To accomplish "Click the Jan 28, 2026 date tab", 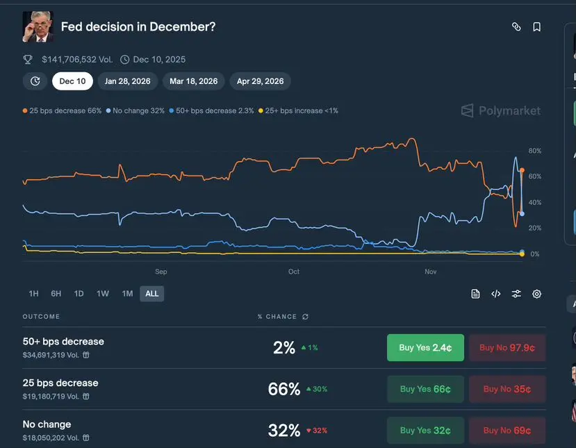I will pyautogui.click(x=128, y=81).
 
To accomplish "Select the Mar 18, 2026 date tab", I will pyautogui.click(x=193, y=81).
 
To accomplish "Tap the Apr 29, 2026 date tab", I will pyautogui.click(x=260, y=81).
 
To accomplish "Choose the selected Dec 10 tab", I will pyautogui.click(x=72, y=81).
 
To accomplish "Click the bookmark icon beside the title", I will pyautogui.click(x=536, y=27).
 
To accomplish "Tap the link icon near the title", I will pyautogui.click(x=516, y=27).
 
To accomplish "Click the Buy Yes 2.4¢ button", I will pyautogui.click(x=425, y=348).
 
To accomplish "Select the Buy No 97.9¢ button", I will pyautogui.click(x=507, y=348).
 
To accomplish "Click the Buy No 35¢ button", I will pyautogui.click(x=507, y=389).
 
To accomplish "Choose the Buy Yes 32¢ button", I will pyautogui.click(x=425, y=431).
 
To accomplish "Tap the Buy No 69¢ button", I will pyautogui.click(x=507, y=431).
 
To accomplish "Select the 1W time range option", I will pyautogui.click(x=103, y=294).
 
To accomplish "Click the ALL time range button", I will pyautogui.click(x=152, y=294).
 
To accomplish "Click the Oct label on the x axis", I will pyautogui.click(x=294, y=272).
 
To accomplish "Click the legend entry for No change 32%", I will pyautogui.click(x=135, y=111).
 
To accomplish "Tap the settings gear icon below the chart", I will pyautogui.click(x=536, y=294).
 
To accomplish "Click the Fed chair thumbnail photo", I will pyautogui.click(x=38, y=26).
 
